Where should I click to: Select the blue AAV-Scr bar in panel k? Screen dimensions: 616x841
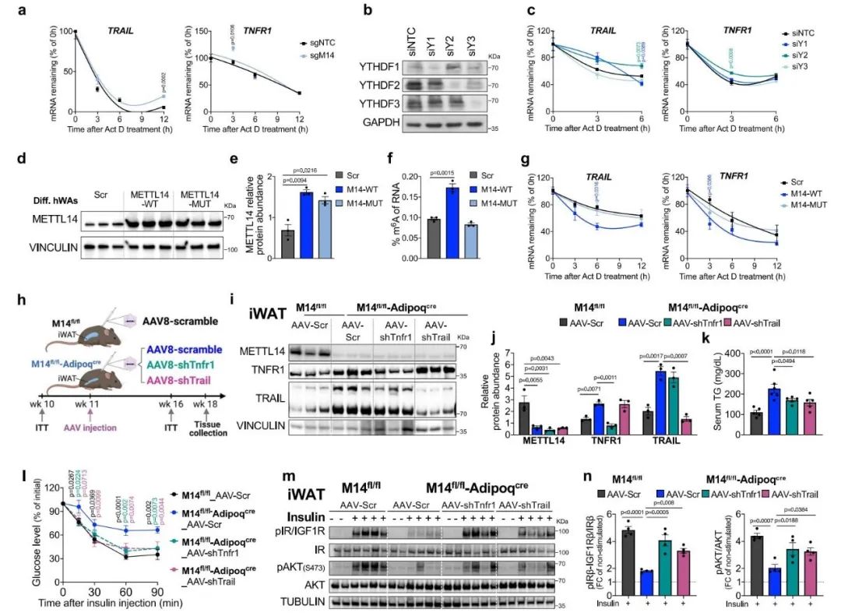click(730, 406)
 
